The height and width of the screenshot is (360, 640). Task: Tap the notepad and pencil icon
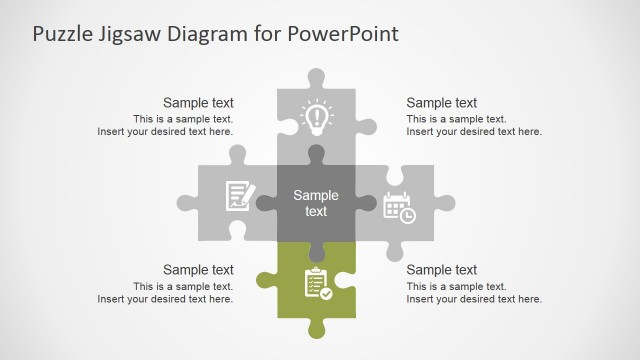pyautogui.click(x=238, y=194)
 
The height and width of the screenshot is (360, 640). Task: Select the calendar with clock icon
pyautogui.click(x=399, y=207)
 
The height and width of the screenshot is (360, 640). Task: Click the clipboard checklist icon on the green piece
pyautogui.click(x=317, y=282)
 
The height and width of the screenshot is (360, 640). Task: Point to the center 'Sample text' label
pyautogui.click(x=316, y=203)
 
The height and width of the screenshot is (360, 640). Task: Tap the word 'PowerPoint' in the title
pyautogui.click(x=343, y=33)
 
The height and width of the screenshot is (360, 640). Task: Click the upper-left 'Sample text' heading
pyautogui.click(x=198, y=102)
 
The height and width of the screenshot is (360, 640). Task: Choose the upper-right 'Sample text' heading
pyautogui.click(x=442, y=102)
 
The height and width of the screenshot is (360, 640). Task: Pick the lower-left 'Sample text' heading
pyautogui.click(x=198, y=269)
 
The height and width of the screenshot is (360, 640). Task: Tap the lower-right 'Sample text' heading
pyautogui.click(x=442, y=269)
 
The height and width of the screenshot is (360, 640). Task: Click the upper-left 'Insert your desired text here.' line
pyautogui.click(x=165, y=131)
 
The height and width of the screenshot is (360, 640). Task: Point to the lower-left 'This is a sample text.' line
pyautogui.click(x=183, y=286)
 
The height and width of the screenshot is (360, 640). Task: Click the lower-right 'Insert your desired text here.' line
pyautogui.click(x=474, y=299)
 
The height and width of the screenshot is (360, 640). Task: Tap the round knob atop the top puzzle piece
pyautogui.click(x=317, y=77)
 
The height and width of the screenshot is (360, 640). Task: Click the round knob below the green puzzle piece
pyautogui.click(x=317, y=328)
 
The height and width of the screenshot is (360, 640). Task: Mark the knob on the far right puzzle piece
pyautogui.click(x=444, y=203)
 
